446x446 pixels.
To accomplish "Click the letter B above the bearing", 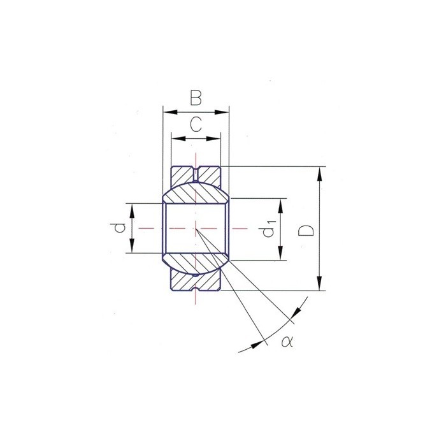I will tap(196, 97).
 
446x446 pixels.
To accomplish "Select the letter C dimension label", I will tap(196, 125).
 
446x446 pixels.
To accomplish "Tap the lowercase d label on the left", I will tap(115, 228).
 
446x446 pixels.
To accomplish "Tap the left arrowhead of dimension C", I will tap(176, 138).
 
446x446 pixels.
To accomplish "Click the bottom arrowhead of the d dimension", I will tap(132, 248).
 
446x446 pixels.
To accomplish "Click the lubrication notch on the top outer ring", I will tap(196, 170).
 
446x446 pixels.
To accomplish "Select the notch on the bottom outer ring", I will tap(196, 287).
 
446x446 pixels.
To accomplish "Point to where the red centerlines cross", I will tap(196, 228).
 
